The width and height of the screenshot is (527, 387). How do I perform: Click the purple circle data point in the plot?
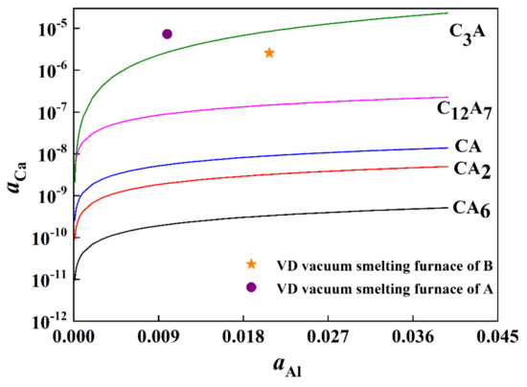tap(168, 34)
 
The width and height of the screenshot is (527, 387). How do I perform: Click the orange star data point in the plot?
tap(269, 53)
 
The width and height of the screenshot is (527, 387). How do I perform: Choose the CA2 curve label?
tap(471, 170)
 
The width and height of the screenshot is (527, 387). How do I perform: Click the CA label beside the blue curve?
tap(468, 147)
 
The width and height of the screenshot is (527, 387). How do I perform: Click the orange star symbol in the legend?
tap(251, 263)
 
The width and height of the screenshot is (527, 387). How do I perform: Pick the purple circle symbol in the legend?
tap(251, 287)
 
